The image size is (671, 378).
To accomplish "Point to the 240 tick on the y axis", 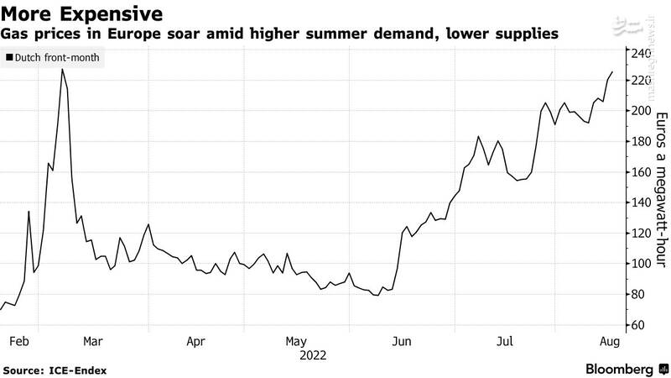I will coord(642,54).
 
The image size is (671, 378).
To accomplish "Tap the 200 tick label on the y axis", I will coord(642,111).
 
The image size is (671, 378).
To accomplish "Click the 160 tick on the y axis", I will coord(642,172).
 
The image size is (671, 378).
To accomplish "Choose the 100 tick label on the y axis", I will coord(642,264).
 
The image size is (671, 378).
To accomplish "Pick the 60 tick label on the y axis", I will coord(639,325).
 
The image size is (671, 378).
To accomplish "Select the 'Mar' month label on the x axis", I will coord(92,342).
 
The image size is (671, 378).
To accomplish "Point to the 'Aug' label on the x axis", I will coord(610,342).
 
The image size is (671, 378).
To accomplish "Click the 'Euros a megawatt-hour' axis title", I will coord(662,189).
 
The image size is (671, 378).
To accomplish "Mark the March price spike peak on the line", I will coord(62,69).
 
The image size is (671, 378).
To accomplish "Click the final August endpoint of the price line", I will coord(612,72).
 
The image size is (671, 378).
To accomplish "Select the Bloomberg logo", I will coord(619,370).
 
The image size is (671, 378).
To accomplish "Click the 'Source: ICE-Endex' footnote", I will coord(55,370).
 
